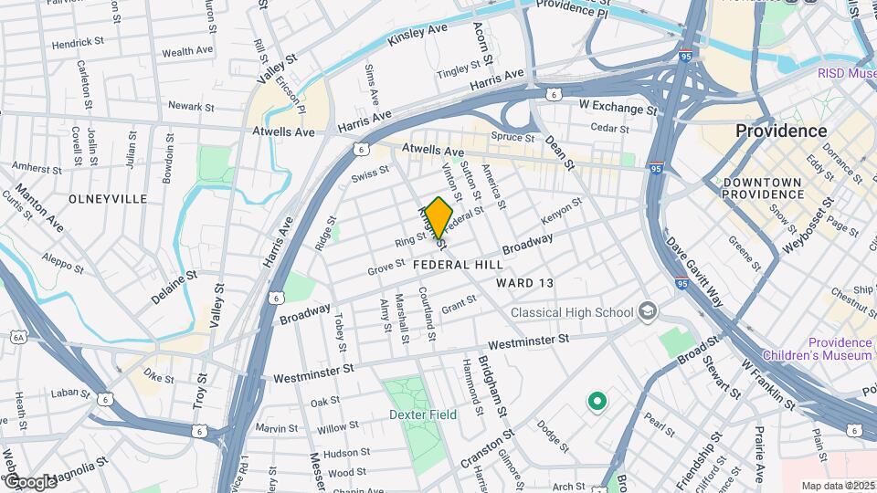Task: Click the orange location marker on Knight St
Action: [438, 217]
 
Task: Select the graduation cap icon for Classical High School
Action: [648, 311]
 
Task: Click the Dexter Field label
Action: [422, 414]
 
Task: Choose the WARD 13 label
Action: [525, 283]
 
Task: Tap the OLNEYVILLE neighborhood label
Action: [108, 198]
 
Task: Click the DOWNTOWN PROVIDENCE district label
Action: [763, 189]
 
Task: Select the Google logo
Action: [29, 481]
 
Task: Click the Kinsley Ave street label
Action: [417, 36]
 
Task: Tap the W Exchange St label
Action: [618, 108]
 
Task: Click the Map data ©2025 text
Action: [838, 486]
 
